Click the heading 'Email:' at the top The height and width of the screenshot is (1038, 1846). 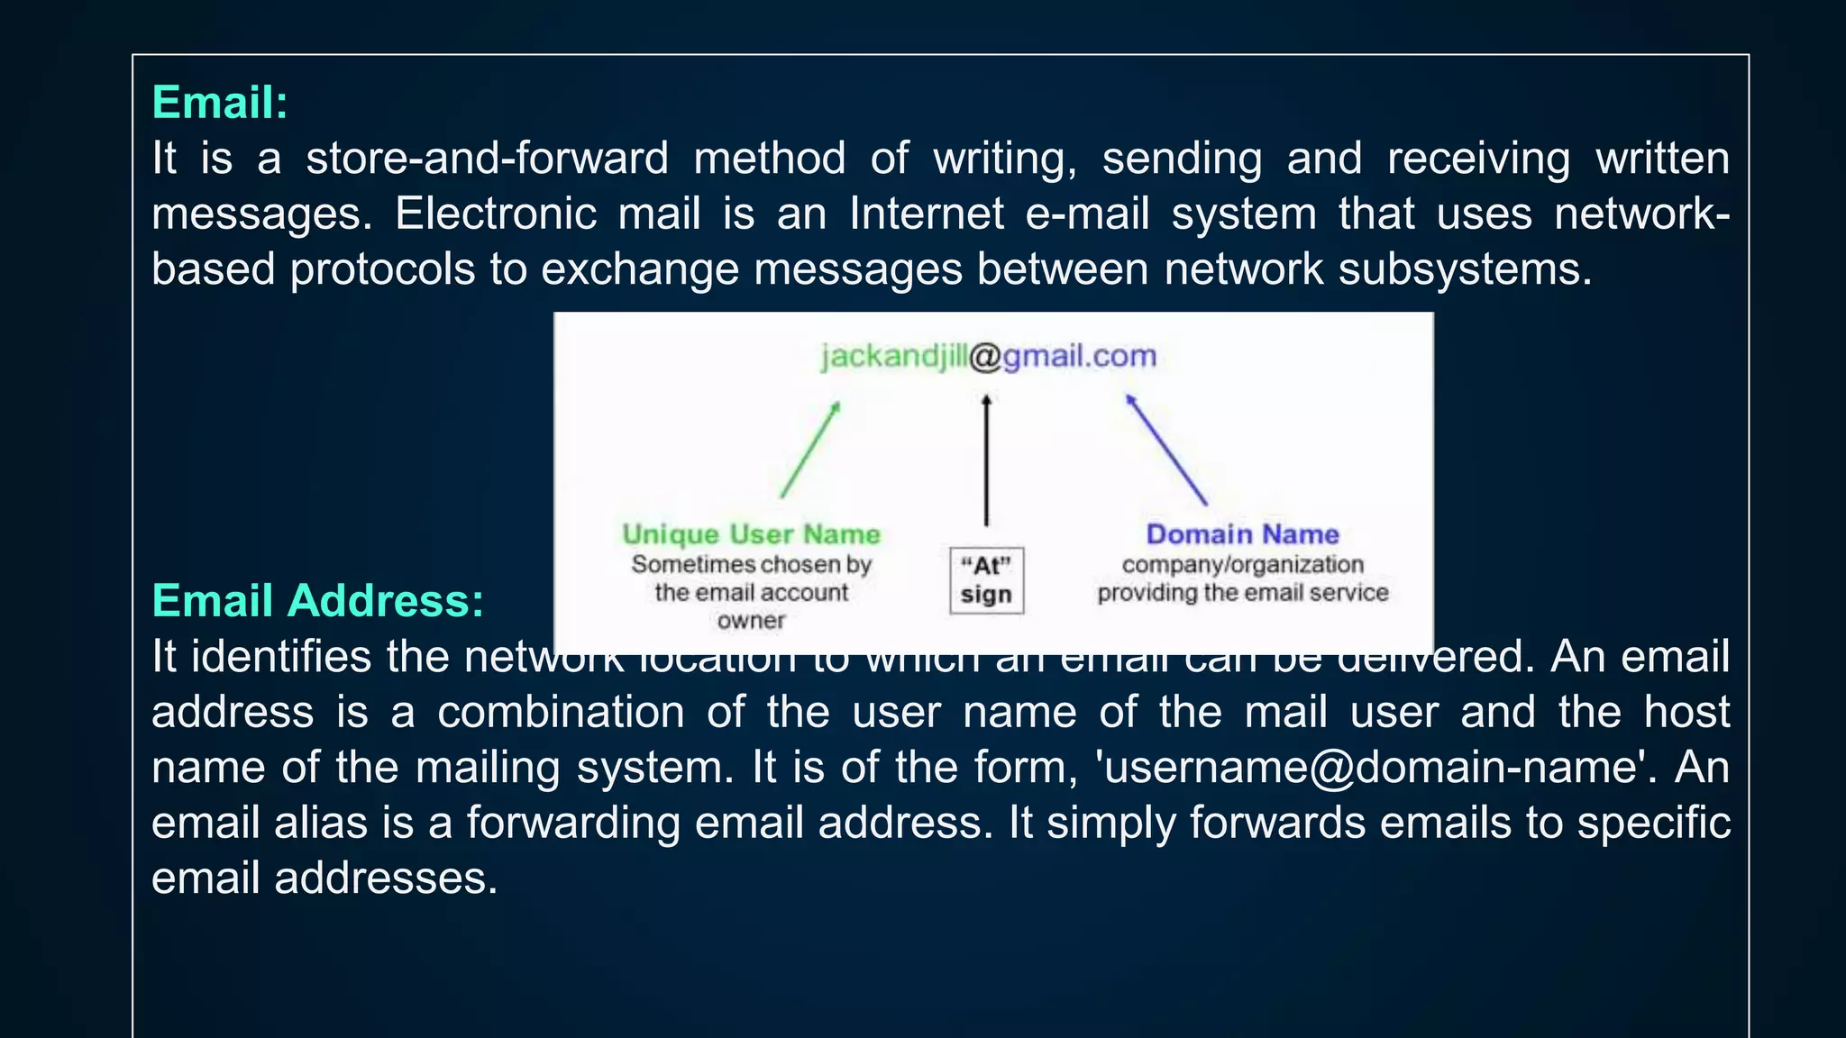220,103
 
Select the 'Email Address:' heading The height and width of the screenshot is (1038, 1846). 317,601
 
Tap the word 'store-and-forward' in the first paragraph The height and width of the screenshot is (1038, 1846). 487,159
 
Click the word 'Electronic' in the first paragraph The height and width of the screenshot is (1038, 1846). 496,214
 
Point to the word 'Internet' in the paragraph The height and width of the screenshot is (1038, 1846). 926,214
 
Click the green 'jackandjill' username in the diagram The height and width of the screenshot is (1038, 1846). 894,357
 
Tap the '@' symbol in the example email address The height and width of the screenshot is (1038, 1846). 986,357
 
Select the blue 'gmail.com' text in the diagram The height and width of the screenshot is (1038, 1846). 1080,357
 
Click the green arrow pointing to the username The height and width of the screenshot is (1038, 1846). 810,450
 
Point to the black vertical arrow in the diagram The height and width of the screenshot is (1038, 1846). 986,460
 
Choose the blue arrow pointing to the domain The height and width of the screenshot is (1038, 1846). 1166,450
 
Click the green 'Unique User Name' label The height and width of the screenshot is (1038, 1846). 751,534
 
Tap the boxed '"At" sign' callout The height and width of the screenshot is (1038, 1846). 986,580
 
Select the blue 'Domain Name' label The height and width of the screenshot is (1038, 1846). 1242,534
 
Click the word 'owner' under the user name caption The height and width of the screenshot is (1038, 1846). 751,621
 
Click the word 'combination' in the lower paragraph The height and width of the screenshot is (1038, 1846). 561,713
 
